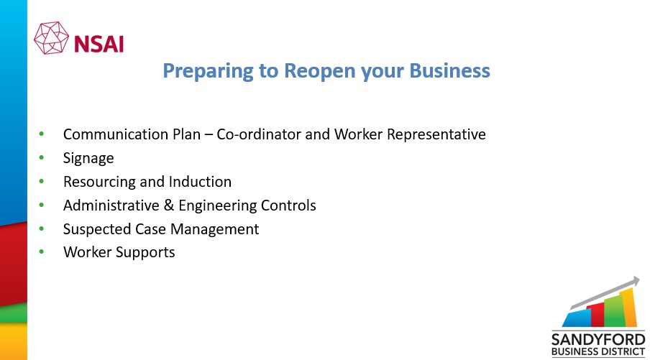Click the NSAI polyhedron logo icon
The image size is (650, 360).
51,38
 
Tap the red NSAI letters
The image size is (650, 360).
99,44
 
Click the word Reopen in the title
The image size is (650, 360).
320,71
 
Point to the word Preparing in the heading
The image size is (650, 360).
208,71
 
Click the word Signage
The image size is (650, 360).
88,159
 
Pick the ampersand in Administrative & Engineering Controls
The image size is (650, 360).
169,206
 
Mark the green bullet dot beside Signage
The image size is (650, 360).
42,158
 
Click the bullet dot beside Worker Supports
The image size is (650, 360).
42,252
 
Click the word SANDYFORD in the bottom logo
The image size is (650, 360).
598,340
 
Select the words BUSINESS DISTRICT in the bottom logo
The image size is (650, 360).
598,352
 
